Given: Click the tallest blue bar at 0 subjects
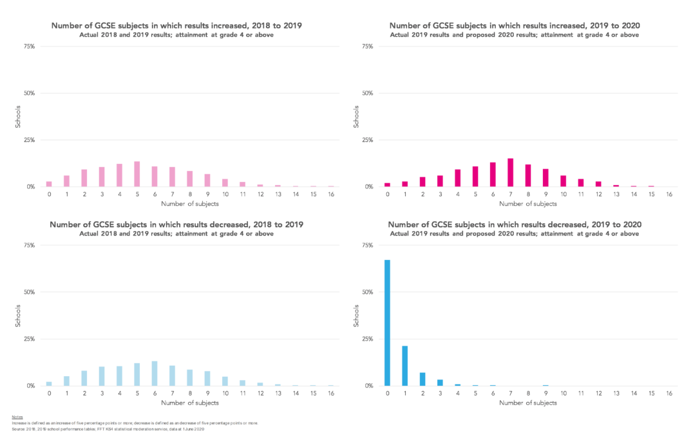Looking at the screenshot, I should (x=387, y=323).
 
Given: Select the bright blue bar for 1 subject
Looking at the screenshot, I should (x=404, y=366).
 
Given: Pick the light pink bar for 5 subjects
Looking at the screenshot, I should (x=137, y=174).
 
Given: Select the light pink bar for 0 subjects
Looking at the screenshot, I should (x=49, y=184).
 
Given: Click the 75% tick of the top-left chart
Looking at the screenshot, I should (x=29, y=46).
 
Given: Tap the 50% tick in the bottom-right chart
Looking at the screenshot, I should (x=366, y=292).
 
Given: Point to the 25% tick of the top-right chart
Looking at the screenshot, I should (x=366, y=140).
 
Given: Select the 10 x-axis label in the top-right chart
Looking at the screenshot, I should (x=563, y=194).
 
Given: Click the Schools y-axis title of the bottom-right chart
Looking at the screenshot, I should (x=357, y=315).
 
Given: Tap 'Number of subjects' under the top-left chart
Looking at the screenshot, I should (x=189, y=204).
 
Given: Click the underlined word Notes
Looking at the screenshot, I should (x=17, y=417).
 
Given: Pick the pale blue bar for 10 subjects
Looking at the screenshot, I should (x=225, y=381).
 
